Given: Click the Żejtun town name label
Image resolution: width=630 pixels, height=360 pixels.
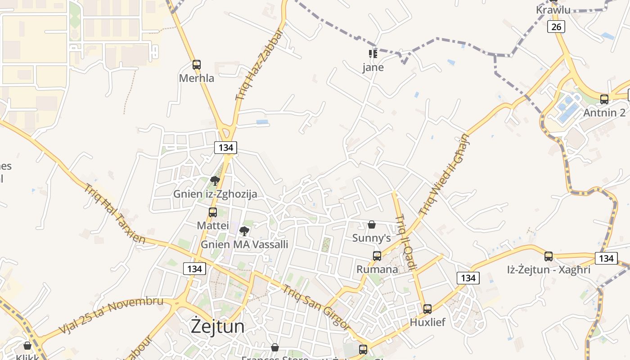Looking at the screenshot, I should tap(218, 327).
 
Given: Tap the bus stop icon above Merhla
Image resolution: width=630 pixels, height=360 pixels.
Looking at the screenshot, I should tap(196, 65).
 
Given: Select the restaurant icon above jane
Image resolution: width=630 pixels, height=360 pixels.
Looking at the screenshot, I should tap(373, 54).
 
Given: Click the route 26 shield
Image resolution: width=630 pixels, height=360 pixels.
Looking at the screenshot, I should tap(556, 27).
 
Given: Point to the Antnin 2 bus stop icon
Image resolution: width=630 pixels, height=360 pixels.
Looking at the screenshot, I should tap(604, 99).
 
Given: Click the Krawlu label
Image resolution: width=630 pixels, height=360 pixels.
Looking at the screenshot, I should tap(553, 10).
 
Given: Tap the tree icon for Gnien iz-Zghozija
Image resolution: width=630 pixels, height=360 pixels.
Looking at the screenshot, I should tap(215, 181).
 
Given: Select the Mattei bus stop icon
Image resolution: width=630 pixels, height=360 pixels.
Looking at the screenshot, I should tap(213, 212).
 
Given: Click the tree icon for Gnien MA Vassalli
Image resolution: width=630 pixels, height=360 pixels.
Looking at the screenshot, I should tap(244, 231).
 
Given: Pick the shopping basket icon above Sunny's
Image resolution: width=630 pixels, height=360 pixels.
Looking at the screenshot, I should tap(372, 225).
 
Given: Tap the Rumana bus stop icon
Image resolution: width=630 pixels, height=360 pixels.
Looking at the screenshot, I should tap(377, 256).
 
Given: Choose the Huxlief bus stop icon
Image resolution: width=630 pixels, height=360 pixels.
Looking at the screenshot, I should tap(427, 309).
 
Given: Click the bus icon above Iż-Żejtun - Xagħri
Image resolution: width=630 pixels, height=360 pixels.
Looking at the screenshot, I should tap(549, 256).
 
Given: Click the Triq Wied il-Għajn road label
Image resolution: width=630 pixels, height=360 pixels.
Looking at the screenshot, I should tap(444, 174).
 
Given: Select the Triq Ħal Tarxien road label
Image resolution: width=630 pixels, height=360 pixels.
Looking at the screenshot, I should tap(114, 214).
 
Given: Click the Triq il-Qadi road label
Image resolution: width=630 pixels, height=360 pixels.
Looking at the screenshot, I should tap(406, 243).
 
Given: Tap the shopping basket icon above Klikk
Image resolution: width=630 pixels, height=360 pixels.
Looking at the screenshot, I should tap(27, 346).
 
